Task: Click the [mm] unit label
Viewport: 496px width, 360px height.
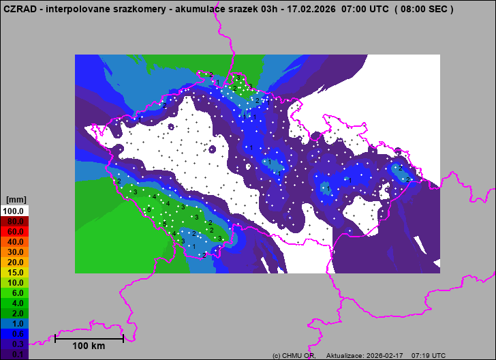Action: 15,200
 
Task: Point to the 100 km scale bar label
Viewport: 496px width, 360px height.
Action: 89,346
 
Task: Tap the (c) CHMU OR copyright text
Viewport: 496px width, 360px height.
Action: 294,356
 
